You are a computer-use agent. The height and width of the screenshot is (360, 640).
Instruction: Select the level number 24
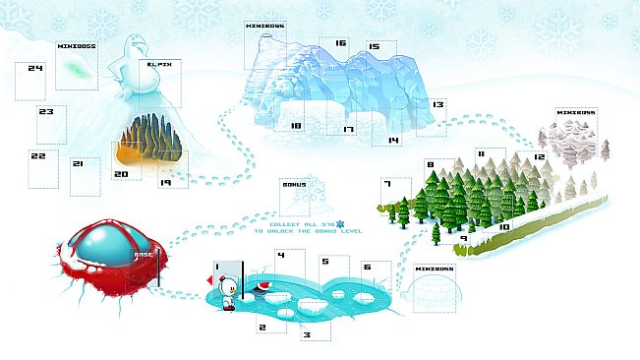point(36,69)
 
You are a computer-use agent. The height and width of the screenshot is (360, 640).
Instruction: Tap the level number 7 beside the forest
point(388,184)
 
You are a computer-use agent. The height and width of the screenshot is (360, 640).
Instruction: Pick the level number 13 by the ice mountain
point(437,103)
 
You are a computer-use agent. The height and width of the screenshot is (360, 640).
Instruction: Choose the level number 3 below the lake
point(307,334)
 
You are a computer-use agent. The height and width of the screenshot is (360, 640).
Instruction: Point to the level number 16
point(340,43)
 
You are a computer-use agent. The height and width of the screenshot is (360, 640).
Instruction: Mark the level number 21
point(77,164)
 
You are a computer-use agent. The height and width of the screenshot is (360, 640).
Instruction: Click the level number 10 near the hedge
point(503,227)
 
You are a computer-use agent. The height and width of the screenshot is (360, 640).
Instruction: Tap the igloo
point(436,292)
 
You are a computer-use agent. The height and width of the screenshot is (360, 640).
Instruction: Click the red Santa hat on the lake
point(263,287)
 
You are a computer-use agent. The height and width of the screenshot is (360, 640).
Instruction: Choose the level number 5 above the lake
point(324,262)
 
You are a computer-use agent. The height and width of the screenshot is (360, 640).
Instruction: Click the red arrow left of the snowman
point(209,283)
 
